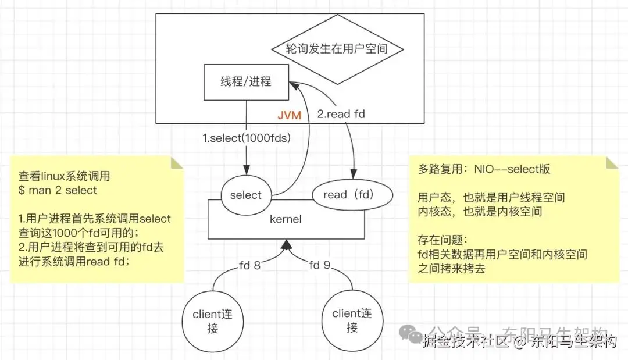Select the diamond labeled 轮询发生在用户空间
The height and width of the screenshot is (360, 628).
click(x=337, y=48)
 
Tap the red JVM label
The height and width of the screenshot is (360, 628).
click(x=288, y=115)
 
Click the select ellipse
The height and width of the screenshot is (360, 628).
click(x=245, y=195)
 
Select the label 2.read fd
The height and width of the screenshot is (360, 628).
click(x=341, y=114)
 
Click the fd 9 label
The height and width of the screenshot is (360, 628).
click(x=320, y=265)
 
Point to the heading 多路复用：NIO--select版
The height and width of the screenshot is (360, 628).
click(x=484, y=169)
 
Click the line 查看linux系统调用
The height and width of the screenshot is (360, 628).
click(x=64, y=176)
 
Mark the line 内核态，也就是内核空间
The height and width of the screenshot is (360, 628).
click(x=480, y=211)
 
